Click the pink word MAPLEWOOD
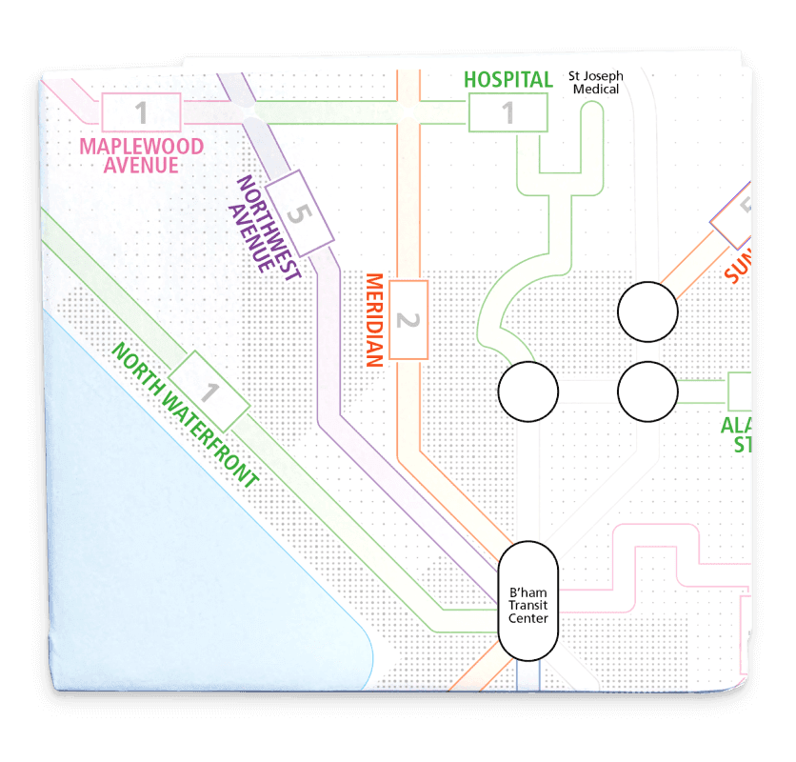(x=142, y=146)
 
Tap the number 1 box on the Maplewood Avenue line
(x=141, y=112)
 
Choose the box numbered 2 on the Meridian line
(x=408, y=319)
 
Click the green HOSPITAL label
(x=508, y=80)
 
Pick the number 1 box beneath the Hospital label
(x=507, y=113)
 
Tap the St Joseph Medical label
(x=594, y=82)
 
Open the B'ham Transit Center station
(x=528, y=600)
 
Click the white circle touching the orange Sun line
(x=647, y=311)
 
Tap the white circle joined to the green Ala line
(x=647, y=391)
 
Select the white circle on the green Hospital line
(x=528, y=391)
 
